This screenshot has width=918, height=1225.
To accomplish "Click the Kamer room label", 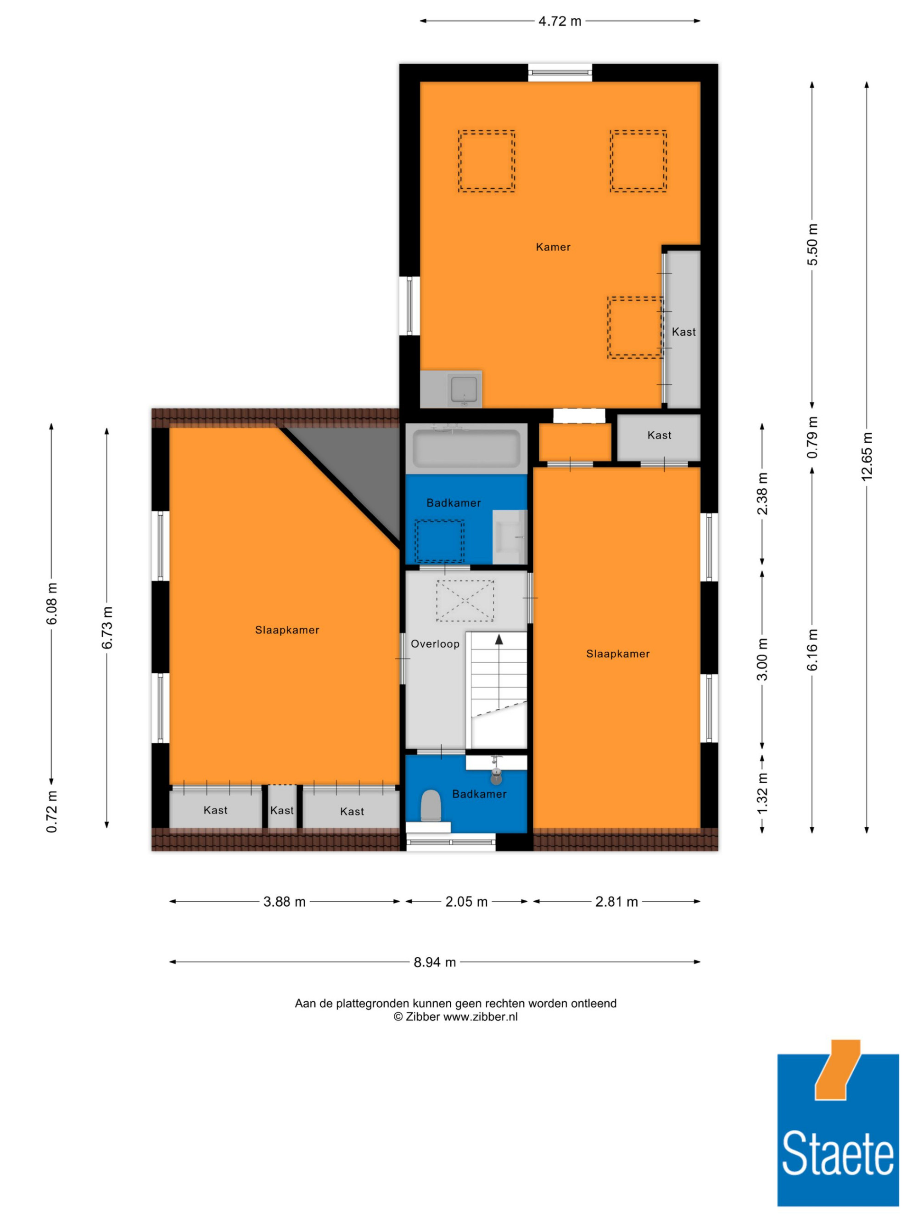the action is pos(553,247).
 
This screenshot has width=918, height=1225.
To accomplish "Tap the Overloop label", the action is pos(435,644).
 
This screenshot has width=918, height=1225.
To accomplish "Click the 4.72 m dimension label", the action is pos(560,21).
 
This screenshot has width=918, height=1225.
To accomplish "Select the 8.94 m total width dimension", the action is pos(435,962).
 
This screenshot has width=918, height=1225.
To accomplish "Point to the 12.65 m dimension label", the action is pos(867,456).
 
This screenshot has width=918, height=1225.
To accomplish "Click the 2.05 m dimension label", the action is pos(466,902).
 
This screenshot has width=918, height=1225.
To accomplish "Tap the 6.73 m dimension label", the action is pos(107,627).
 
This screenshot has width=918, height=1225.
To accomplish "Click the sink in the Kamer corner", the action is pos(463,390).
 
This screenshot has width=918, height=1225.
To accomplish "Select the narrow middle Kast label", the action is pos(282,810).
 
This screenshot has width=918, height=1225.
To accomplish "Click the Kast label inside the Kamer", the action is pos(683,332).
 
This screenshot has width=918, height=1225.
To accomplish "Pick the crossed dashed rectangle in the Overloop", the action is pos(465,600).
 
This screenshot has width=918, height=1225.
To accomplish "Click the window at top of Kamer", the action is pos(560,72).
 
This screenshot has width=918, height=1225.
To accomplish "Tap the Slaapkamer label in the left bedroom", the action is pos(286,630).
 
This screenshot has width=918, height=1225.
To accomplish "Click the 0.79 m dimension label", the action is pos(812,437).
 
